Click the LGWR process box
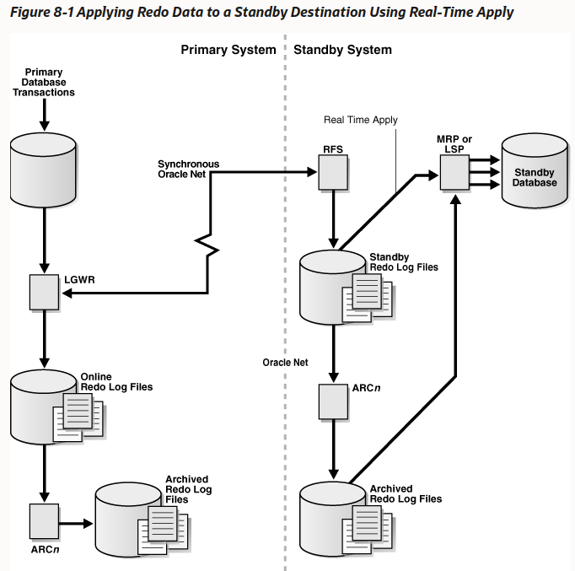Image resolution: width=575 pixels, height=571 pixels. pyautogui.click(x=43, y=293)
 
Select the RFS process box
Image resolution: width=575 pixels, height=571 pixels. pyautogui.click(x=333, y=175)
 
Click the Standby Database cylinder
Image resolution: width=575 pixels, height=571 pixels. pyautogui.click(x=535, y=172)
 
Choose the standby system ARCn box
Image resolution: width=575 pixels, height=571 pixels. pyautogui.click(x=333, y=401)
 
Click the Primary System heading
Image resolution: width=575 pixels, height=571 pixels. pyautogui.click(x=228, y=50)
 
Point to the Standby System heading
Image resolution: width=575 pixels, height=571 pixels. pyautogui.click(x=342, y=50)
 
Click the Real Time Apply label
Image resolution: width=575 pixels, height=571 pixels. pyautogui.click(x=360, y=120)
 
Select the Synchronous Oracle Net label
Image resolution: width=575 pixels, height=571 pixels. pyautogui.click(x=188, y=169)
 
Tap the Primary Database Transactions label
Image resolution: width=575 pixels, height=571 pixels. pyautogui.click(x=44, y=83)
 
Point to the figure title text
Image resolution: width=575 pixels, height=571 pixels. pyautogui.click(x=261, y=13)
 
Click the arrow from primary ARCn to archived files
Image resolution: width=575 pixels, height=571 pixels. pyautogui.click(x=76, y=523)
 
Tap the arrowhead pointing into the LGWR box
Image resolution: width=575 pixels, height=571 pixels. pyautogui.click(x=64, y=293)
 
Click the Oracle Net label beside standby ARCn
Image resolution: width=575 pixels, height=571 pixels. pyautogui.click(x=285, y=362)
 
